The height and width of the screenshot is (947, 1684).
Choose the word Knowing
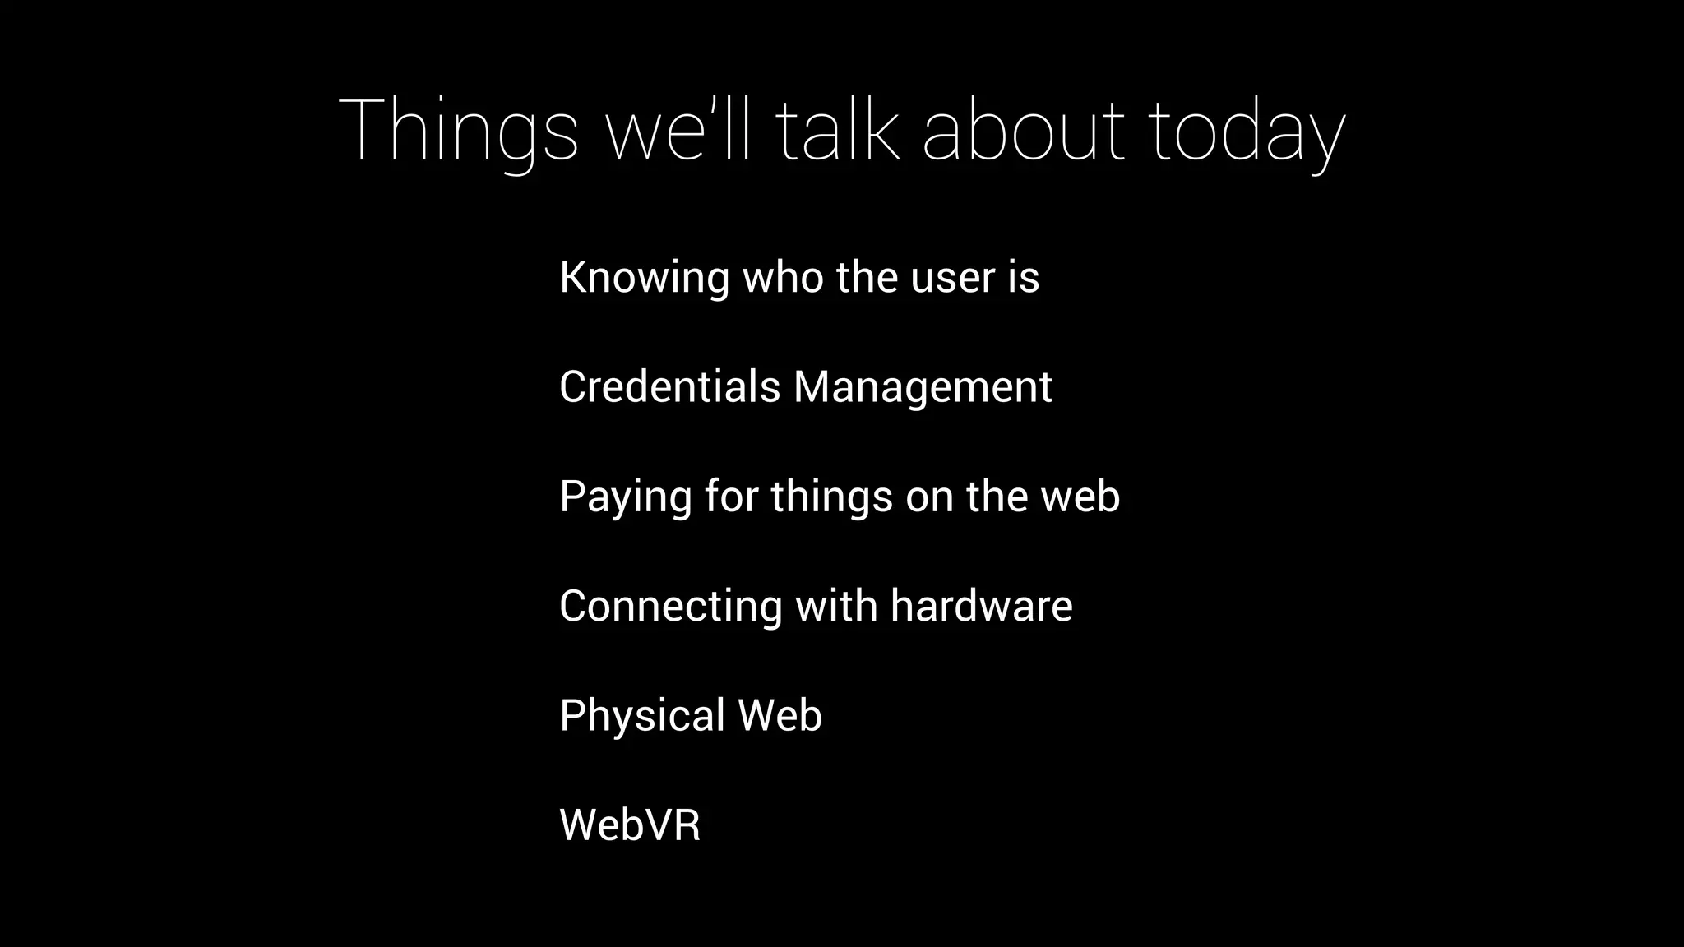point(644,278)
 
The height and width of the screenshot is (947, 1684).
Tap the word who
point(782,278)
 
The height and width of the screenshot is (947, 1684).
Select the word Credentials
point(669,387)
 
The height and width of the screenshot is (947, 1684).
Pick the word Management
point(922,387)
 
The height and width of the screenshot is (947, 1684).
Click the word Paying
point(625,497)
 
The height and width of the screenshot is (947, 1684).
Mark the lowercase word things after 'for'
point(831,497)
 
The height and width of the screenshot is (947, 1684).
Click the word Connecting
point(670,607)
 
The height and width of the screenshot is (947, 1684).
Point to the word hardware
point(981,607)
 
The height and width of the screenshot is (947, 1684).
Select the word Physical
point(641,716)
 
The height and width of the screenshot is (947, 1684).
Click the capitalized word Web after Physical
point(780,716)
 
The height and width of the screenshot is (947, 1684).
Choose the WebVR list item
point(630,825)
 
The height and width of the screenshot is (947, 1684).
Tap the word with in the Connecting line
point(835,607)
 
